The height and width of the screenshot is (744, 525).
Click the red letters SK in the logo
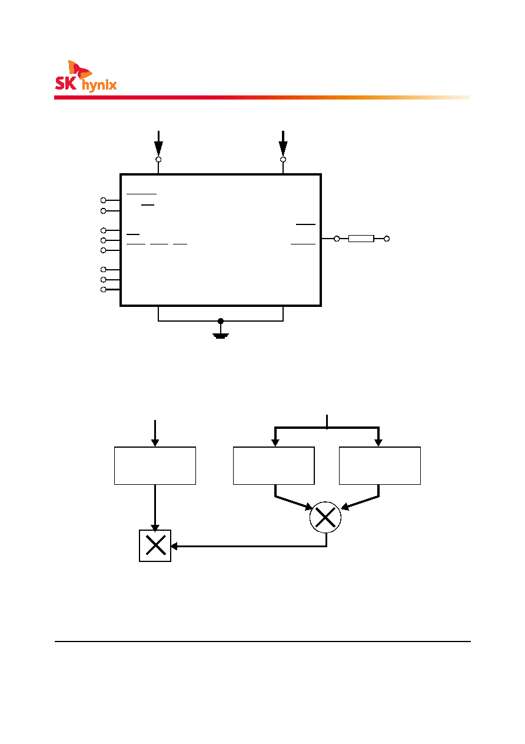tap(66, 83)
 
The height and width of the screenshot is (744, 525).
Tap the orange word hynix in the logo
tap(99, 85)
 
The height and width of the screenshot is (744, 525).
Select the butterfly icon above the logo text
tap(79, 69)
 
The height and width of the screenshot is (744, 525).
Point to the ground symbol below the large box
tap(221, 336)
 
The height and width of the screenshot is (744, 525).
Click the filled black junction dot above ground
tap(221, 321)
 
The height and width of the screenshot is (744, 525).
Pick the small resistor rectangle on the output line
tap(361, 239)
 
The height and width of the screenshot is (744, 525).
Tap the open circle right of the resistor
tap(387, 239)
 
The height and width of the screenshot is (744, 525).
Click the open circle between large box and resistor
tap(337, 239)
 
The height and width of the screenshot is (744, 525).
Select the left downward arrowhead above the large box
tap(159, 148)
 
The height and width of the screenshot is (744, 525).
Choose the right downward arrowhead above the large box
tap(283, 148)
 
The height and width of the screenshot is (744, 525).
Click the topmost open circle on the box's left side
tap(103, 200)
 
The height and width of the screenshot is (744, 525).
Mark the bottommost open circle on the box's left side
tap(103, 290)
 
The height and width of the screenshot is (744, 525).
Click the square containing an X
tap(155, 545)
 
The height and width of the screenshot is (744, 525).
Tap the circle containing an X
tap(325, 517)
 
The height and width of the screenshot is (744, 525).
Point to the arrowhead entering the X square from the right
tap(174, 546)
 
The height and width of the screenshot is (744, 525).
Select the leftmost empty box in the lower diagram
tap(155, 466)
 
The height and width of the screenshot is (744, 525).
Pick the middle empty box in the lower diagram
tap(274, 466)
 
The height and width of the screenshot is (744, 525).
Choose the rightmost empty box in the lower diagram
tap(380, 466)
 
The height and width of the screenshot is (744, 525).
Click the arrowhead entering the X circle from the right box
tap(345, 507)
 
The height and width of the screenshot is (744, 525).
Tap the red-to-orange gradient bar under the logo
tap(262, 97)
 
